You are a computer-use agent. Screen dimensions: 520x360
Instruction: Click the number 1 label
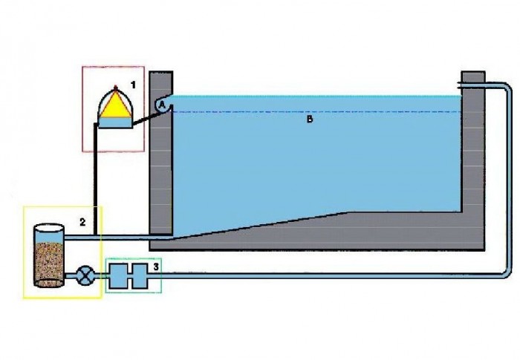coord(133,85)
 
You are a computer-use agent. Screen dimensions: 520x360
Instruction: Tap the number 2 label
coord(82,222)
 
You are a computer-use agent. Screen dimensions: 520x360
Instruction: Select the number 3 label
coord(156,266)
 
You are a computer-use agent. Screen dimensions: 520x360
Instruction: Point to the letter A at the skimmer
coord(162,105)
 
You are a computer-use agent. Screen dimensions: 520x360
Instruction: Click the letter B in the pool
coord(310,120)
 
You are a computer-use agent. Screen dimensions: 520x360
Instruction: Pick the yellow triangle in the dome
coord(114,105)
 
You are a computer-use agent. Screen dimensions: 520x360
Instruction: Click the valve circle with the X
coord(85,276)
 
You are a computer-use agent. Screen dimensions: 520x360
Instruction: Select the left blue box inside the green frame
coord(118,276)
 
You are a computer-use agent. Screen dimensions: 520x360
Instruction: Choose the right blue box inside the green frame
coord(140,276)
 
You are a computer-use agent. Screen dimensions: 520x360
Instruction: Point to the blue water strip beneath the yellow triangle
coord(114,122)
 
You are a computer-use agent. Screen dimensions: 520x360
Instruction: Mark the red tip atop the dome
coord(115,88)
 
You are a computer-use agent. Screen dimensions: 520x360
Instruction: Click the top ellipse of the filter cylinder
coord(49,229)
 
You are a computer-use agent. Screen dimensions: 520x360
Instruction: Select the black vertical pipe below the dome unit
coord(96,179)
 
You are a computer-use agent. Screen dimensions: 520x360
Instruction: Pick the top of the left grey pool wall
coord(161,73)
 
